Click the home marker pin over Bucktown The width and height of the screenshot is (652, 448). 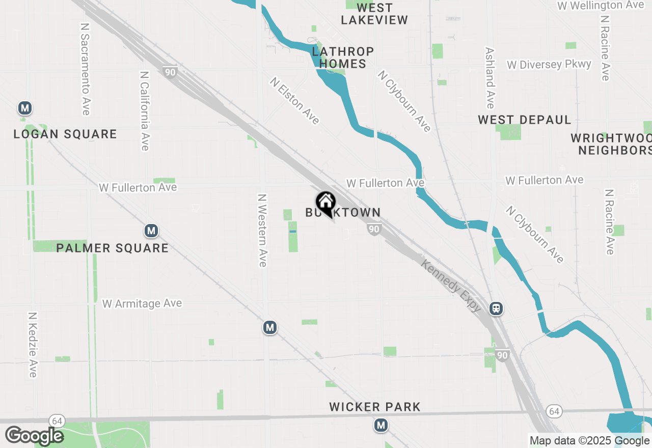325,203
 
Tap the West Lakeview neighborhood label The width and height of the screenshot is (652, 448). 374,14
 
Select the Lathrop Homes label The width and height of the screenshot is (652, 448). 343,58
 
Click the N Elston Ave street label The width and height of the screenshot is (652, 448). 295,101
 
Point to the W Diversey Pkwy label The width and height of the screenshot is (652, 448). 549,65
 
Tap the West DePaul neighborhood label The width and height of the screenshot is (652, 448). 524,120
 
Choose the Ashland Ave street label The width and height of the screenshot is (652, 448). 490,78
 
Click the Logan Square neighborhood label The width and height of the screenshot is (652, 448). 65,134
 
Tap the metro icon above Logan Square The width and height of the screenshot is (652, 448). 24,108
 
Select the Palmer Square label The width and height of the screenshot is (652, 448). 112,248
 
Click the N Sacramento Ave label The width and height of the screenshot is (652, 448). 85,68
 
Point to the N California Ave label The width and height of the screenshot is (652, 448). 145,110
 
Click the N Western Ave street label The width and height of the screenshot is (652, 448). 262,230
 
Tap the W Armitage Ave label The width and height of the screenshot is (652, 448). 142,303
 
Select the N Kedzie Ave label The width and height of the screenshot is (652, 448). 33,345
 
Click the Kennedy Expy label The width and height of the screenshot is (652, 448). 451,285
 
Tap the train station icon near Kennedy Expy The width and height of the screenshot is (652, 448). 496,308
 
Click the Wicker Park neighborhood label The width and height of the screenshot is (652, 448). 375,407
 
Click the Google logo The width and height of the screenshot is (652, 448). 34,436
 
